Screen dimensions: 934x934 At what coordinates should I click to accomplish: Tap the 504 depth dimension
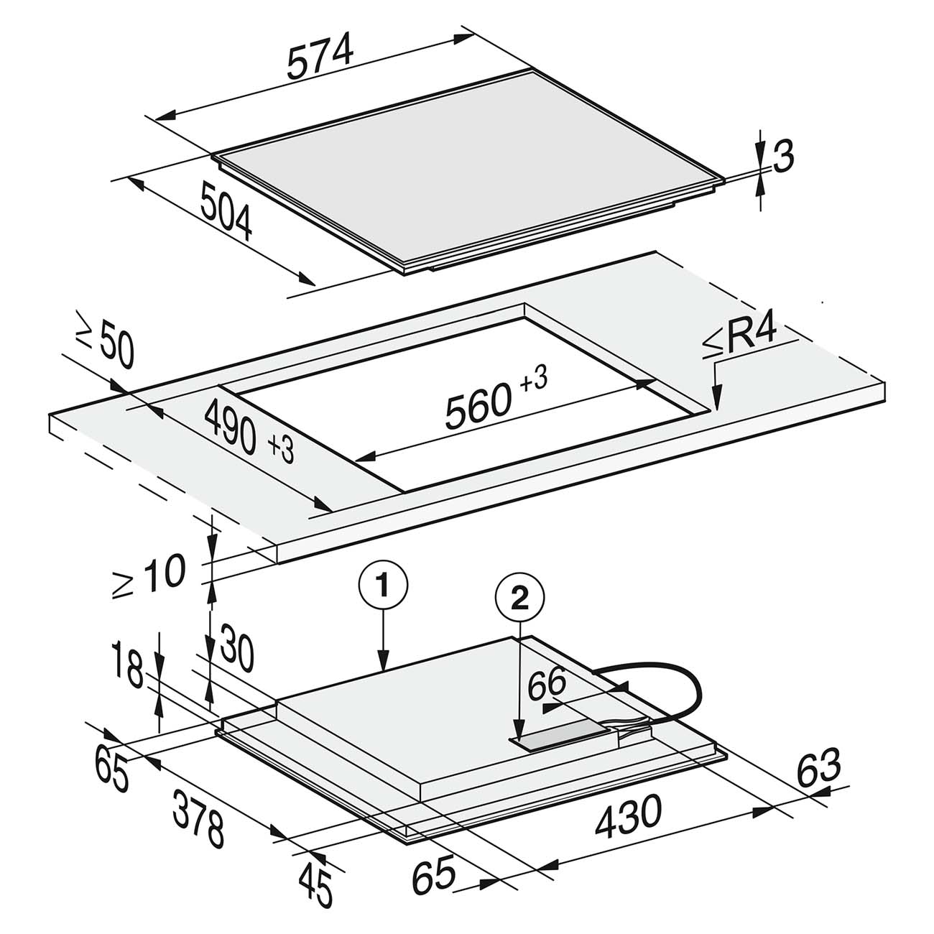click(226, 210)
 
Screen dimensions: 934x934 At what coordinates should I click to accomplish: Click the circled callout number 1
click(384, 586)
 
